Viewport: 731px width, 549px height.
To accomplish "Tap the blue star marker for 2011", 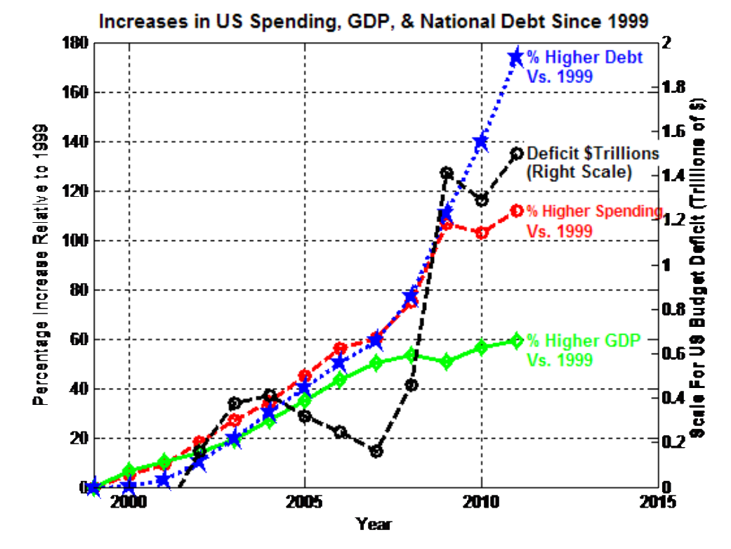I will tap(516, 57).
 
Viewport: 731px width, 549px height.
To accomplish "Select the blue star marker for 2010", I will tap(481, 141).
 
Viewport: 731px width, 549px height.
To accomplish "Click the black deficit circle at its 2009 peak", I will tap(446, 172).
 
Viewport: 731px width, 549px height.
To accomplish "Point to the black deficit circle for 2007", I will tap(376, 451).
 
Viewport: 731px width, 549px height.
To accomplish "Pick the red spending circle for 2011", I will tap(516, 210).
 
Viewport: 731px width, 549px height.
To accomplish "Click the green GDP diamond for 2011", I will tap(516, 340).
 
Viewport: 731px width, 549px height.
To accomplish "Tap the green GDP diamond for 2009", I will tap(446, 362).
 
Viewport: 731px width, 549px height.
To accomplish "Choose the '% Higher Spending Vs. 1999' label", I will tap(594, 220).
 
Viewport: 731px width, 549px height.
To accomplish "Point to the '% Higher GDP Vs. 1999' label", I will tap(583, 349).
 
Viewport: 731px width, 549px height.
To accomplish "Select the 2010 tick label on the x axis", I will tap(481, 503).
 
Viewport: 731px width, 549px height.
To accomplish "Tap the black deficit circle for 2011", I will tap(516, 153).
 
